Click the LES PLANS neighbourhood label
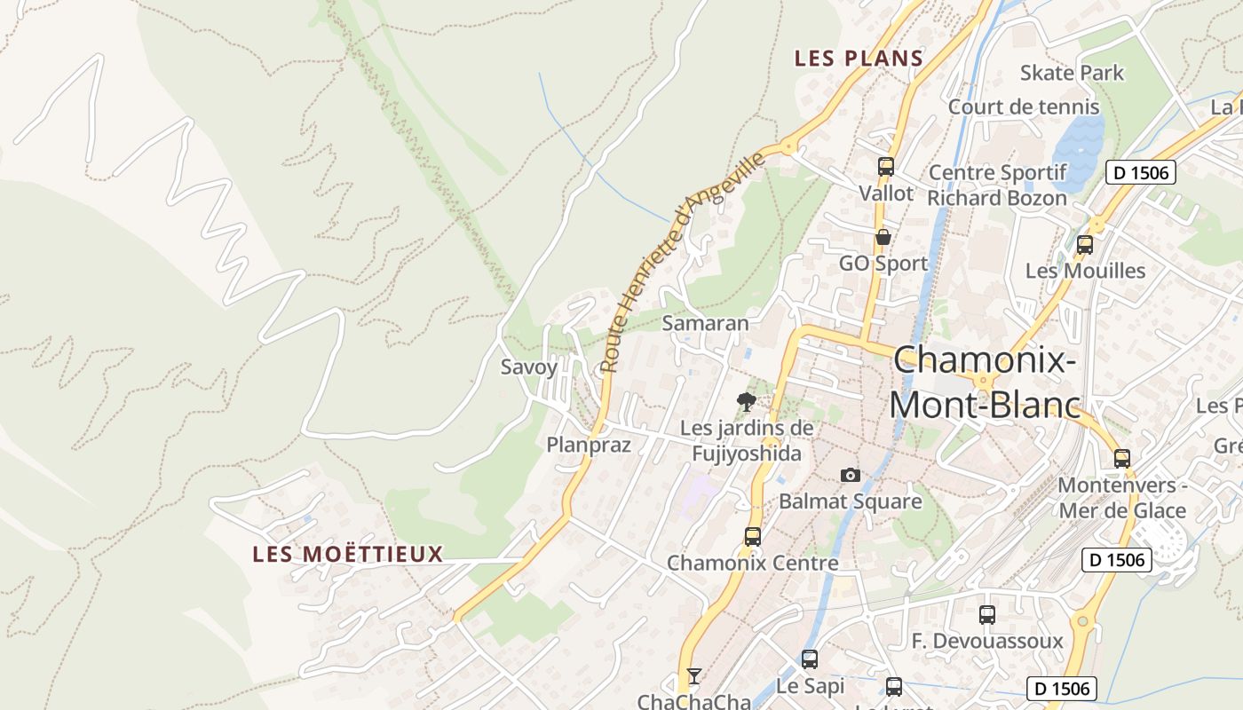click(x=859, y=59)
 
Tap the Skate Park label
click(x=1072, y=73)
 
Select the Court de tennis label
click(x=1024, y=107)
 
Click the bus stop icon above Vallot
click(x=885, y=166)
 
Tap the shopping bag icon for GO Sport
click(x=883, y=237)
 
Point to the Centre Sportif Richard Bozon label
click(x=997, y=185)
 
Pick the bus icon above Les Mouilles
click(x=1084, y=245)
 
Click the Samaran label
click(x=706, y=323)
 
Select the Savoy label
click(x=529, y=367)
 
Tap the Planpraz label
click(x=589, y=445)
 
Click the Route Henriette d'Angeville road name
click(x=682, y=262)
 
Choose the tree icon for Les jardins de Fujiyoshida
click(x=747, y=401)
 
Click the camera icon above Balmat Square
click(x=851, y=476)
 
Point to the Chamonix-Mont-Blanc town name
click(x=985, y=383)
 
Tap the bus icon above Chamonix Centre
click(x=752, y=536)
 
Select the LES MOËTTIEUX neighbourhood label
click(x=348, y=555)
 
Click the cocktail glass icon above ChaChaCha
click(x=694, y=676)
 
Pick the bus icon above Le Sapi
click(x=809, y=659)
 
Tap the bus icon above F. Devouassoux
click(x=986, y=614)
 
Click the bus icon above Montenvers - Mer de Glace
click(x=1122, y=458)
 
